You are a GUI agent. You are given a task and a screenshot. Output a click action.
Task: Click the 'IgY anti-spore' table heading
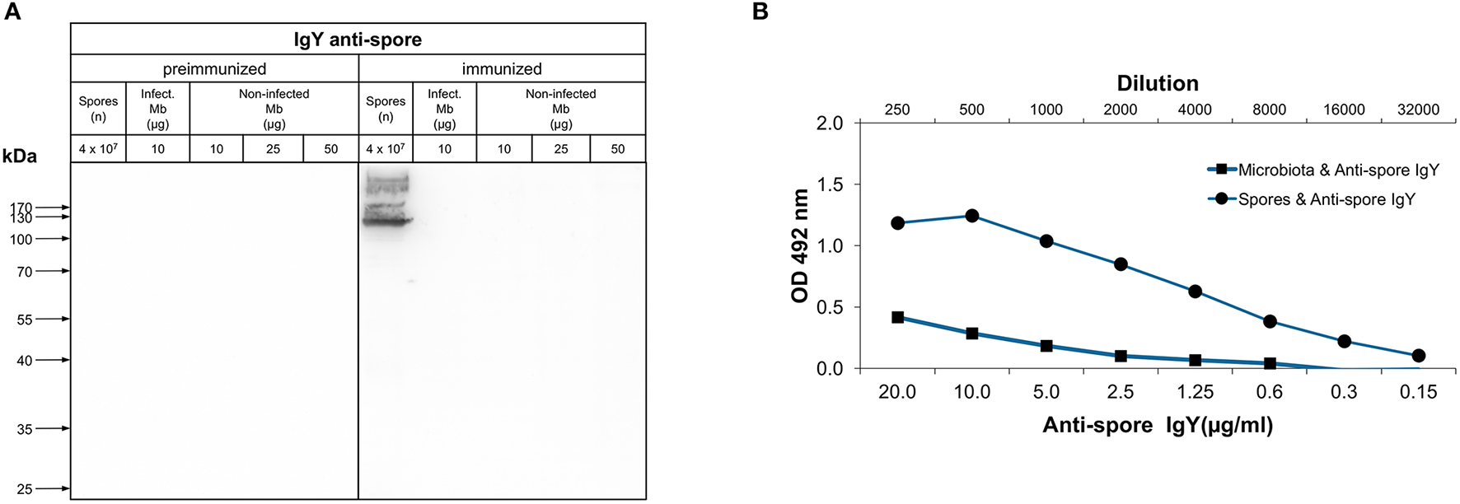358,40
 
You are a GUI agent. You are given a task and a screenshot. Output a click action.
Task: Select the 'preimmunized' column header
214,69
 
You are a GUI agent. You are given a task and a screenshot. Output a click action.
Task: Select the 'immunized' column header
502,69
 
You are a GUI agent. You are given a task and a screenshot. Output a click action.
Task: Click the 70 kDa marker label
25,272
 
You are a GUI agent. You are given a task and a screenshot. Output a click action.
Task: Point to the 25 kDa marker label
25,489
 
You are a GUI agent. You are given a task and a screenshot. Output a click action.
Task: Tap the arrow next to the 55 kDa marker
54,319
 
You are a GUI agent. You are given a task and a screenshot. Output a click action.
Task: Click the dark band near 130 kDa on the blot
386,220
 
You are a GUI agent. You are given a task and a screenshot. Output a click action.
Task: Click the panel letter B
760,12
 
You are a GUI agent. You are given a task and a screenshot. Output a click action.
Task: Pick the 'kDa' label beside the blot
20,156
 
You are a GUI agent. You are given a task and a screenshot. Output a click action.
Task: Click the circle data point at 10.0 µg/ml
971,216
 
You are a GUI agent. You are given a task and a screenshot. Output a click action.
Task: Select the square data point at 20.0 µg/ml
897,317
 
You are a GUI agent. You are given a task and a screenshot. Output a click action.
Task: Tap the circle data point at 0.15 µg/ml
1418,356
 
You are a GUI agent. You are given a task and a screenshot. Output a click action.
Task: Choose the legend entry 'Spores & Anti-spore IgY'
1327,199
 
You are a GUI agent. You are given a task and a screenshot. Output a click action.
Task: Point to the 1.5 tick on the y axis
830,184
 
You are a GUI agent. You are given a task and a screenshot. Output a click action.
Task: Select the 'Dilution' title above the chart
1157,83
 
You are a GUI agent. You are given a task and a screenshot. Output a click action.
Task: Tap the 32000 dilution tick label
1418,110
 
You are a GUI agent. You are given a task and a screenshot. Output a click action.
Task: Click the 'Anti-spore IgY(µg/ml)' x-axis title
1157,426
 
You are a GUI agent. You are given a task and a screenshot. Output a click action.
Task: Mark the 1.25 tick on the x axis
1195,392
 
